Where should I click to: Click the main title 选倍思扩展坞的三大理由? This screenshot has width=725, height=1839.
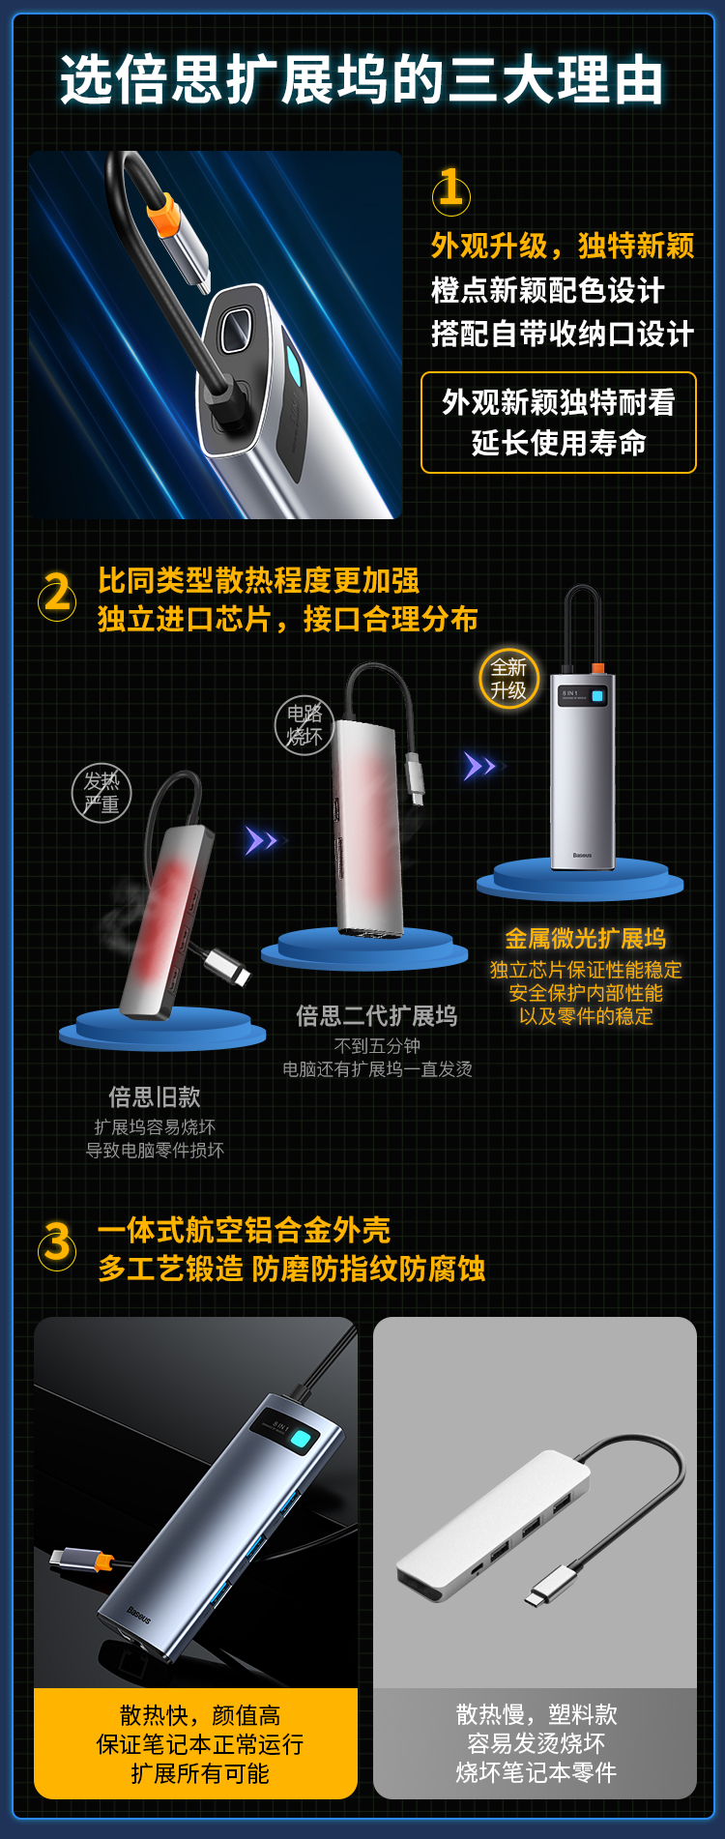(x=362, y=79)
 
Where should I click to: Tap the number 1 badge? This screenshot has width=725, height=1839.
(x=450, y=190)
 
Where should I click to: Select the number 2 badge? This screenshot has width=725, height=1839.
(x=57, y=594)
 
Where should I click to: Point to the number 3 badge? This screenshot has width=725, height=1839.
(x=57, y=1244)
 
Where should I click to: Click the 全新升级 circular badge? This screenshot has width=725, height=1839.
(x=508, y=679)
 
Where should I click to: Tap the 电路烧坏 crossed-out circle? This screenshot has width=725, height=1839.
(x=304, y=725)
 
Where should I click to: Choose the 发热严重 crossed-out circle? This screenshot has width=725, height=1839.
(x=101, y=793)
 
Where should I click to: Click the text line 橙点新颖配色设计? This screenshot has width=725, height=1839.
(x=548, y=290)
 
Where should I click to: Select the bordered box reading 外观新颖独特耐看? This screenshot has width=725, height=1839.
(x=559, y=423)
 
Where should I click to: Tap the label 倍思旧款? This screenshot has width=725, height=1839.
(x=155, y=1096)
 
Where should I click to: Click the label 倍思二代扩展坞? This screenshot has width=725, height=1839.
(x=377, y=1015)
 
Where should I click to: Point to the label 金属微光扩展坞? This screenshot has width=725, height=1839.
(x=586, y=938)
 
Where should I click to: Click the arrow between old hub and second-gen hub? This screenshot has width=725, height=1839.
(x=261, y=841)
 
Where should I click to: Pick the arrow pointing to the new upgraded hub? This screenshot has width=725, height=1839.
(x=480, y=767)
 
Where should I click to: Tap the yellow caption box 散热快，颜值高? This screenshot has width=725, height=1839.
(x=196, y=1743)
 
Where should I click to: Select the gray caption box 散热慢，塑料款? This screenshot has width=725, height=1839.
(x=536, y=1743)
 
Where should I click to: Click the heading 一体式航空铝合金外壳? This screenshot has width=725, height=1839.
(x=244, y=1230)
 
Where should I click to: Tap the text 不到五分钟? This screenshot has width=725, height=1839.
(x=377, y=1046)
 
